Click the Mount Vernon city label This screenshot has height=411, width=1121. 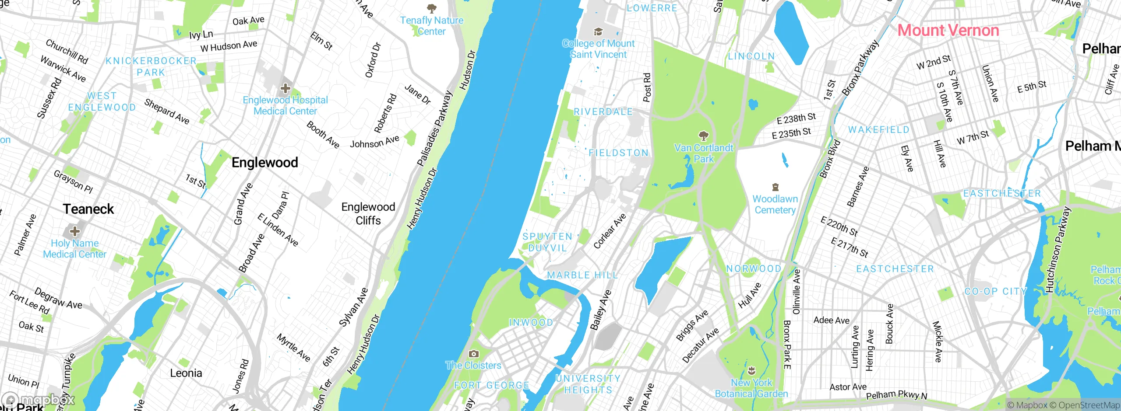point(948,31)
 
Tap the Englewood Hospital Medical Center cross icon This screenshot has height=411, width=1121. point(286,88)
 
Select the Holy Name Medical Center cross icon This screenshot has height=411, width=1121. point(75,231)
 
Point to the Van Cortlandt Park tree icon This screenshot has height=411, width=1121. point(703,136)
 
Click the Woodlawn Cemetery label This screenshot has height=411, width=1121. point(775,204)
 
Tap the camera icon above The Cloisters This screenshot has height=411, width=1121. point(473,354)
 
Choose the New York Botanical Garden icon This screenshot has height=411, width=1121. point(751,371)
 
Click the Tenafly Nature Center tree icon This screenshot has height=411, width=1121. point(432,8)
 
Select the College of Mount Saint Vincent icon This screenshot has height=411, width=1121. point(598,32)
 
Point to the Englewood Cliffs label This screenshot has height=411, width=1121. point(368,213)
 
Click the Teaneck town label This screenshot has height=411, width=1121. point(88,209)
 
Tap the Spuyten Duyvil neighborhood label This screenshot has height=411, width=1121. point(547,242)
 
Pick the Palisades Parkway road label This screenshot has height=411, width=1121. point(434,129)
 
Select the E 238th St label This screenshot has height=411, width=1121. point(796,118)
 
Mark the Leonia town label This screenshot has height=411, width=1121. point(186,373)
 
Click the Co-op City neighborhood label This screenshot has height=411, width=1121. point(995,291)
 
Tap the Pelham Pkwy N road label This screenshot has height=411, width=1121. point(896,395)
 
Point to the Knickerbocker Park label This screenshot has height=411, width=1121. point(151,66)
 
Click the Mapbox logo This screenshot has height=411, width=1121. point(39,400)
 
